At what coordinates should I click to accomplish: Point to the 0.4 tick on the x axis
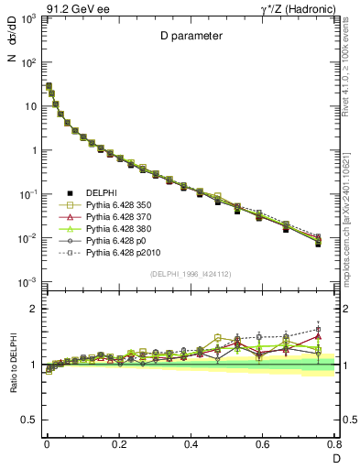click(191, 443)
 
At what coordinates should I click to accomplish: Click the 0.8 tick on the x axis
click(335, 443)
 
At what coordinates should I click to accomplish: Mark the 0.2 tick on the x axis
click(118, 443)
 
